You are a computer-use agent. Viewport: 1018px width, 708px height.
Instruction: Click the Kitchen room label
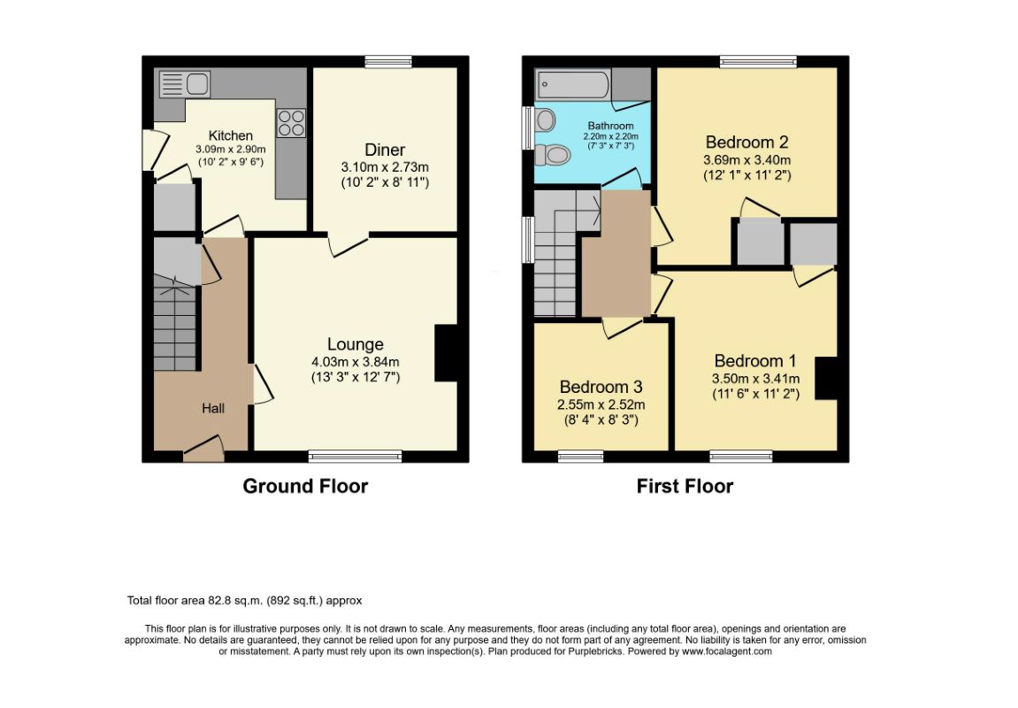pyautogui.click(x=231, y=135)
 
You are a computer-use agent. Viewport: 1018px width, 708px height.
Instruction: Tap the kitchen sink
pyautogui.click(x=184, y=84)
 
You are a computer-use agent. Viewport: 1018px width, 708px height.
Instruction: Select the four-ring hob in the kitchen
pyautogui.click(x=292, y=123)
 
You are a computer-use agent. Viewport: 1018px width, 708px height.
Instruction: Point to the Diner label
pyautogui.click(x=385, y=150)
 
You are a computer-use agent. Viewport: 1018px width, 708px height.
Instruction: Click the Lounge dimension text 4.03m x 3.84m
pyautogui.click(x=356, y=362)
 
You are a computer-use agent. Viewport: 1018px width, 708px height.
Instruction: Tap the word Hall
pyautogui.click(x=213, y=408)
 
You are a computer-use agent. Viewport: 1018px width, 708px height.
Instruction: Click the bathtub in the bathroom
pyautogui.click(x=572, y=85)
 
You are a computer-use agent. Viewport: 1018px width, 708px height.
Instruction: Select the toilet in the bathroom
pyautogui.click(x=553, y=155)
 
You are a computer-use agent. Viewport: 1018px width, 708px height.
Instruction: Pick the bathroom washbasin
pyautogui.click(x=545, y=120)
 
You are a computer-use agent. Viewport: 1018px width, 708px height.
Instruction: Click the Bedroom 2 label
pyautogui.click(x=747, y=142)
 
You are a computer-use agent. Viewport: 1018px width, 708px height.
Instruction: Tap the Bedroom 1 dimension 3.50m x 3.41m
pyautogui.click(x=755, y=379)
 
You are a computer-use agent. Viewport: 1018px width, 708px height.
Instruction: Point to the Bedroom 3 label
pyautogui.click(x=601, y=387)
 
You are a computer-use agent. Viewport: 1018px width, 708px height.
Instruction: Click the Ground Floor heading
pyautogui.click(x=305, y=486)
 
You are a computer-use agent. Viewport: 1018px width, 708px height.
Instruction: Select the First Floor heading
pyautogui.click(x=685, y=486)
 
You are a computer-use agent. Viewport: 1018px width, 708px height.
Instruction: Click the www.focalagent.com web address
pyautogui.click(x=726, y=651)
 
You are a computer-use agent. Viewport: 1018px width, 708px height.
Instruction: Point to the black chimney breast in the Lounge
pyautogui.click(x=446, y=353)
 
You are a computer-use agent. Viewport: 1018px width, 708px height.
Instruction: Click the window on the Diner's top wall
pyautogui.click(x=388, y=62)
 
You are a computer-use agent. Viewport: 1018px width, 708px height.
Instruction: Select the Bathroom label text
pyautogui.click(x=610, y=126)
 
